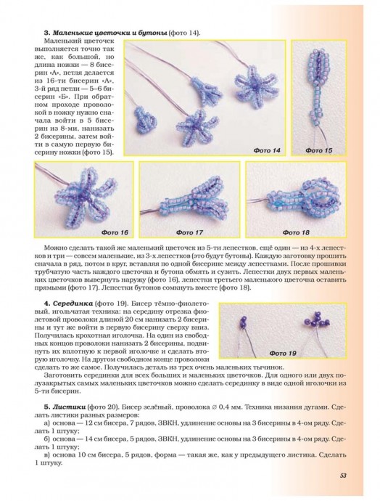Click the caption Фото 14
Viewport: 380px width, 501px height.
pos(267,150)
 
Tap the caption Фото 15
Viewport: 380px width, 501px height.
pos(319,150)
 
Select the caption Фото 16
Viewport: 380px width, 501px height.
pos(115,232)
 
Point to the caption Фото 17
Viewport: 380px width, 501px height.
pos(189,232)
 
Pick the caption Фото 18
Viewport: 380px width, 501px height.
pos(296,232)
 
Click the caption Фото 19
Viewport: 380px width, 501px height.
pos(283,353)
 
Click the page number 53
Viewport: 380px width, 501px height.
pos(343,475)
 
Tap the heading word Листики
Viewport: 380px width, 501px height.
pos(69,407)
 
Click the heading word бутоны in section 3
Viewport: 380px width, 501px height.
pos(154,33)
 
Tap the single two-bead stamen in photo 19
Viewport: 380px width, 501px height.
pos(244,322)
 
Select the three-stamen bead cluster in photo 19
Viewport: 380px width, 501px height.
pos(315,319)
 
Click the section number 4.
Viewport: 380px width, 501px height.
pos(46,303)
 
